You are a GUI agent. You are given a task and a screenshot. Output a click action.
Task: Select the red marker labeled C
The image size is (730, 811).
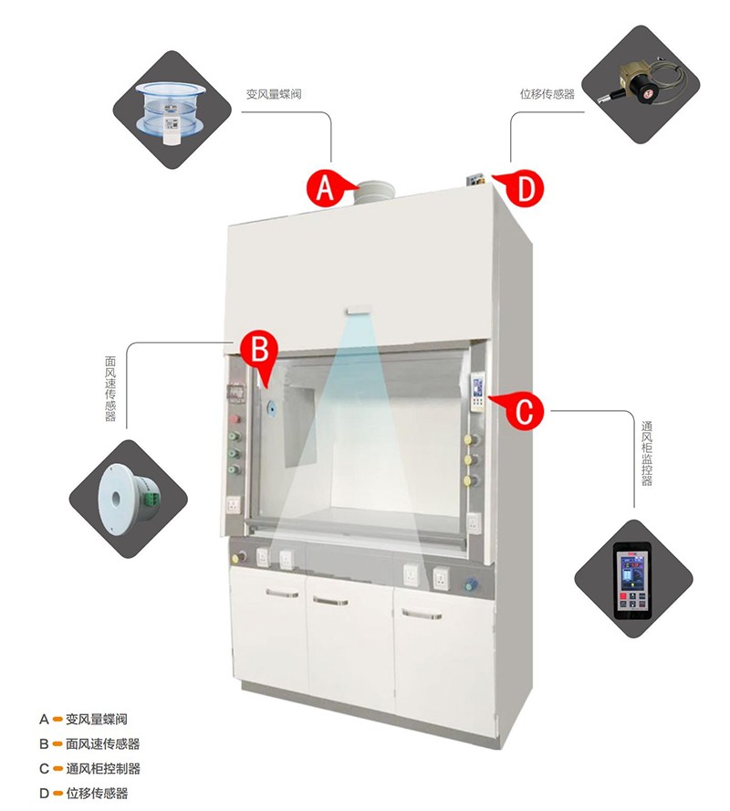[x=523, y=411]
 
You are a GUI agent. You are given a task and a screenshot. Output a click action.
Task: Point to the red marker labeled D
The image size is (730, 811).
[x=523, y=189]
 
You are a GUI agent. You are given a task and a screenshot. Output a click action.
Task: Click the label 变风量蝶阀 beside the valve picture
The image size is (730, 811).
[x=274, y=94]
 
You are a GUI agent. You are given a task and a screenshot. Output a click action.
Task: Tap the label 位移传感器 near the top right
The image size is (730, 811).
[x=547, y=94]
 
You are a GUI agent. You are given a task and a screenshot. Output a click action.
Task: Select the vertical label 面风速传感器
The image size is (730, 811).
[x=110, y=388]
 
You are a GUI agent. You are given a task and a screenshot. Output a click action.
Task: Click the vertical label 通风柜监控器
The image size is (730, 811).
[x=647, y=454]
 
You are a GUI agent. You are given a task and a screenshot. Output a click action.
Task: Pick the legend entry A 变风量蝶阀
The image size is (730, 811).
[x=83, y=719]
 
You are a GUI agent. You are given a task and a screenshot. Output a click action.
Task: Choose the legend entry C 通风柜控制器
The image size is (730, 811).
[x=89, y=769]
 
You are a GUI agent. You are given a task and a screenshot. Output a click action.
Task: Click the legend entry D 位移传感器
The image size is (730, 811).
[x=83, y=793]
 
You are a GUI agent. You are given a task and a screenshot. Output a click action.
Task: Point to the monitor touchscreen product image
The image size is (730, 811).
[x=633, y=579]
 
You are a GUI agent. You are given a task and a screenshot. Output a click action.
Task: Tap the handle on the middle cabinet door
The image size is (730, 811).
[x=330, y=601]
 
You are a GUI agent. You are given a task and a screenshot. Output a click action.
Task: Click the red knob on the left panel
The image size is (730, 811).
[x=235, y=418]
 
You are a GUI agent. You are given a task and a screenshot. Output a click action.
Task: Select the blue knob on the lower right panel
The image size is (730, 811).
[x=470, y=585]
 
